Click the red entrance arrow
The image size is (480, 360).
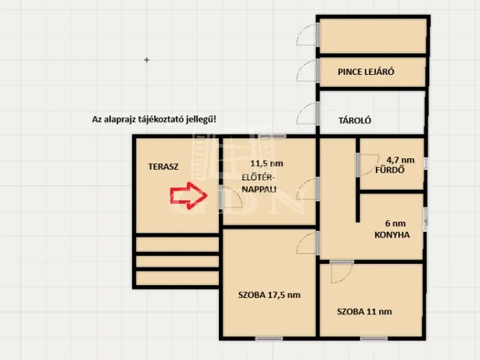189,196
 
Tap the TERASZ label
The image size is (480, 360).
163,166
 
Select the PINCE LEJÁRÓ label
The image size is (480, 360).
366,72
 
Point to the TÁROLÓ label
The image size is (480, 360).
355,120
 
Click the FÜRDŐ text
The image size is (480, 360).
390,170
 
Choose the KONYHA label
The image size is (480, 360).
392,235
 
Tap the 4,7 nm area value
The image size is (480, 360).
400,160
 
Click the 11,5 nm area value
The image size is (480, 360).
267,163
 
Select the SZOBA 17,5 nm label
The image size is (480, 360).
269,295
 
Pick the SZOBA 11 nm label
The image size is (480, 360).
364,312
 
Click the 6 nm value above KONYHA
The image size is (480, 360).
395,223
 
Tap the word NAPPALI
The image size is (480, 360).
259,189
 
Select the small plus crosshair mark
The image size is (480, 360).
147,60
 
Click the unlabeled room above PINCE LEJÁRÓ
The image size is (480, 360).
373,36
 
